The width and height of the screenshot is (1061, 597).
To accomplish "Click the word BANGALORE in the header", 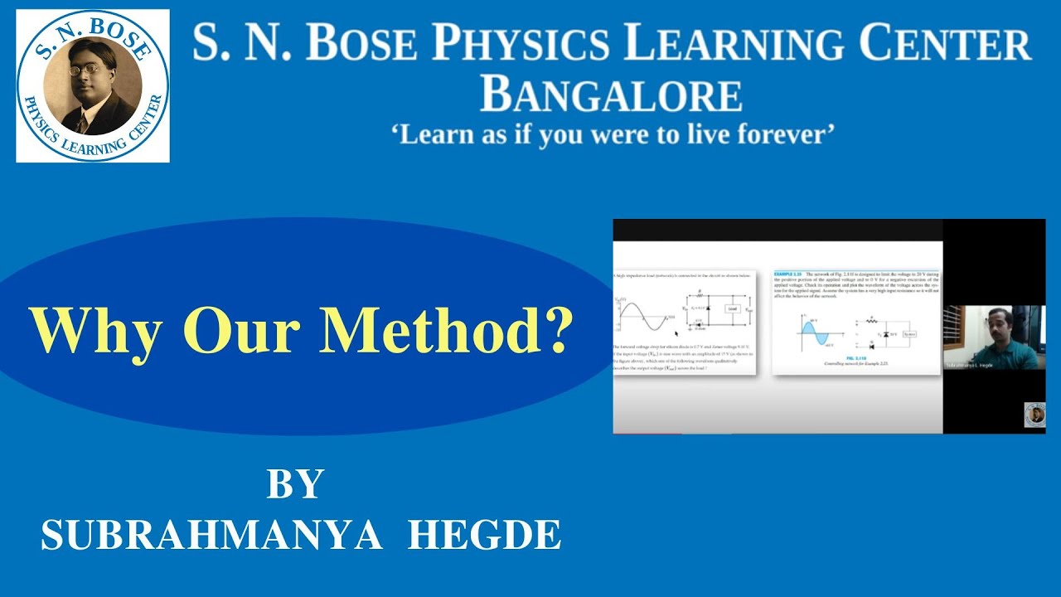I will coord(611,95).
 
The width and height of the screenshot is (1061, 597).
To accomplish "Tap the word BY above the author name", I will coord(294,484).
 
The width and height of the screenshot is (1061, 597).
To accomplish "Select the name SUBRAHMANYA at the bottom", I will coord(212,536).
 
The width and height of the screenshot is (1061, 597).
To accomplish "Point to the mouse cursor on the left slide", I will coord(677,333).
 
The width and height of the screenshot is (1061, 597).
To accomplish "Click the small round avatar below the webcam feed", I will coord(1034,414).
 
